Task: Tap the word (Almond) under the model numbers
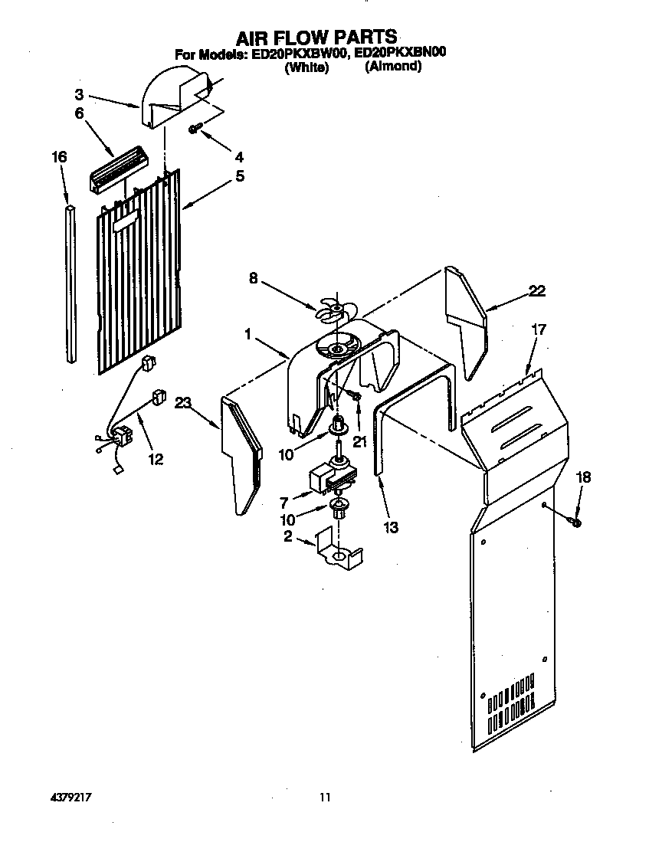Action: pyautogui.click(x=393, y=67)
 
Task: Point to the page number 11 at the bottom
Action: pyautogui.click(x=325, y=798)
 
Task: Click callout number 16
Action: pyautogui.click(x=59, y=157)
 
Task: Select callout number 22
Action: pyautogui.click(x=537, y=291)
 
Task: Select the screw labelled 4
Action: pyautogui.click(x=195, y=129)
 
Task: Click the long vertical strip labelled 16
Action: pyautogui.click(x=70, y=283)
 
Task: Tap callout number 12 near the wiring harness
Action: pyautogui.click(x=156, y=460)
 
